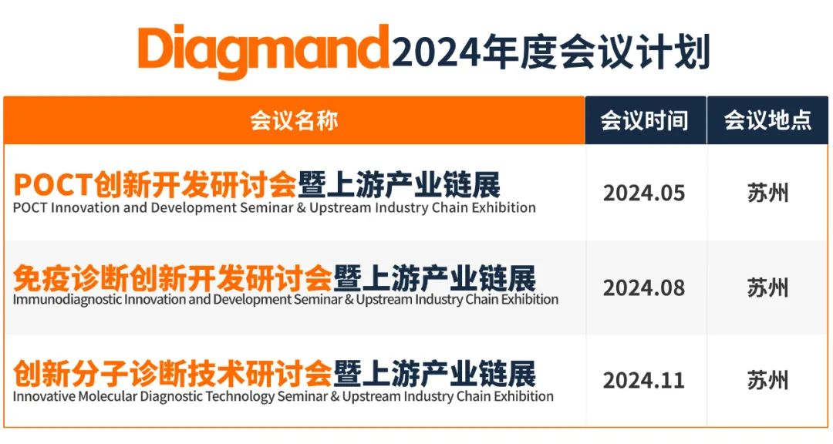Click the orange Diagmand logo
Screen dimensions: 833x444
tap(264, 51)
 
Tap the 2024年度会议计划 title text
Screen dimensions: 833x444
tap(551, 52)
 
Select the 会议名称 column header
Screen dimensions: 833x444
tap(294, 120)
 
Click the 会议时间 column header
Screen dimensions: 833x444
tap(644, 120)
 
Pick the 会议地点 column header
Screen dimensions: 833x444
tap(767, 120)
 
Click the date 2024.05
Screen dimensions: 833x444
tap(644, 193)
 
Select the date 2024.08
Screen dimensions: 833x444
tap(644, 288)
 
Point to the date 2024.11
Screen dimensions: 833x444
tap(644, 380)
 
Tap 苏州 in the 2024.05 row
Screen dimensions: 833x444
tap(767, 193)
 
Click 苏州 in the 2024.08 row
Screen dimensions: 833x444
tap(767, 288)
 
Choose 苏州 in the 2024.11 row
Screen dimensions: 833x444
tap(767, 380)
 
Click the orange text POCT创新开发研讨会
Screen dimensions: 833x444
tap(155, 185)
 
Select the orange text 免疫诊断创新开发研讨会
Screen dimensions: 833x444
tap(173, 278)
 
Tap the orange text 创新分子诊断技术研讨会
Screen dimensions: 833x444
tap(173, 373)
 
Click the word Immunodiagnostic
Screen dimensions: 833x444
tap(67, 300)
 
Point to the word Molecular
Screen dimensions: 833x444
tap(108, 396)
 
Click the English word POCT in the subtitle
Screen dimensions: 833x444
tap(30, 207)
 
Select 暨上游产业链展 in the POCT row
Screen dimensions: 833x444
tap(399, 185)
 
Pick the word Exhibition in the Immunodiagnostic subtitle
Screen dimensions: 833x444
tap(530, 300)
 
